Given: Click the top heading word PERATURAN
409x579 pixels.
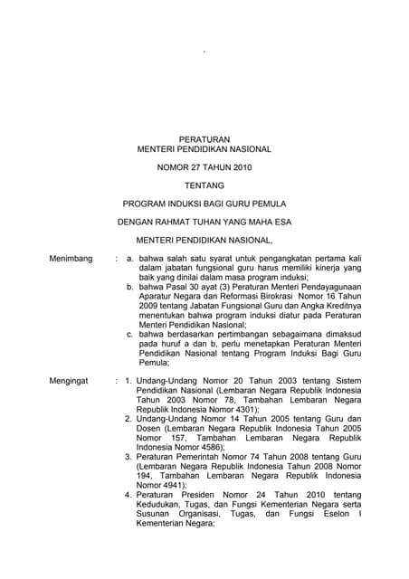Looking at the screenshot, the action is [204, 138].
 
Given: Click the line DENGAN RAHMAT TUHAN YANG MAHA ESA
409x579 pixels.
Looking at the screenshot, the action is [204, 223].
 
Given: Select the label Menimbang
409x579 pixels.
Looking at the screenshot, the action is [70, 259].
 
